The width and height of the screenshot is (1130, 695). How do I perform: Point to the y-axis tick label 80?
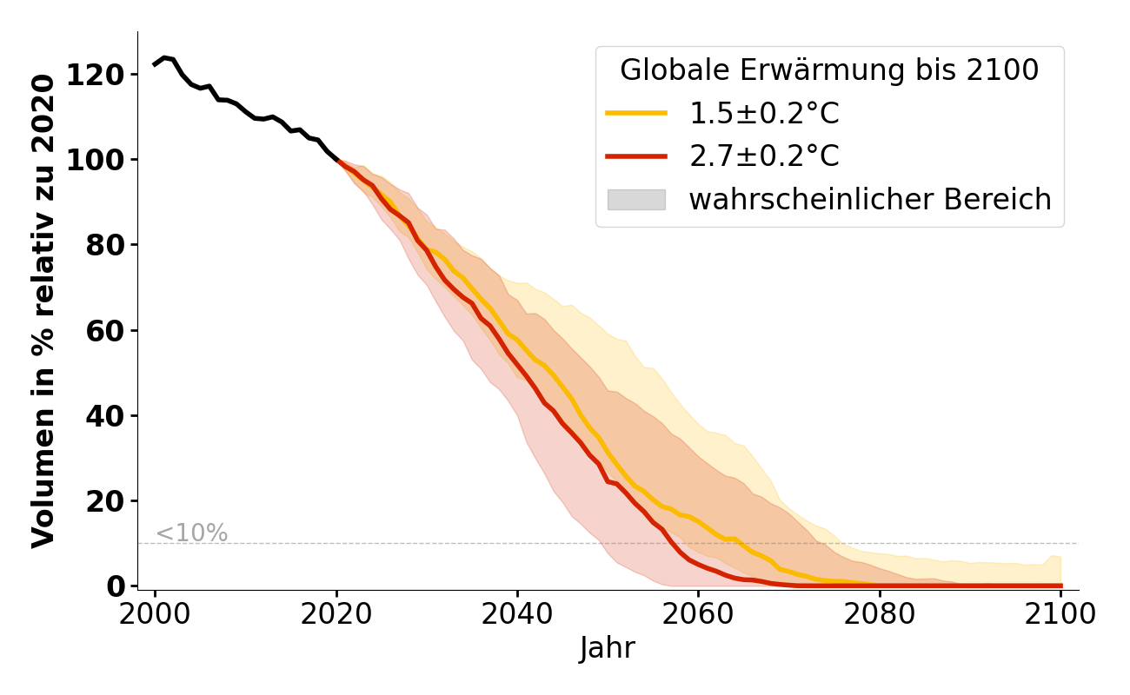[107, 245]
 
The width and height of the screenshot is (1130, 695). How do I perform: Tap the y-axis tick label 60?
[107, 331]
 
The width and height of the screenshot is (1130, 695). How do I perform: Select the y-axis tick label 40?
[107, 416]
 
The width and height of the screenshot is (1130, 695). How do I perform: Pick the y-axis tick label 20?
[107, 501]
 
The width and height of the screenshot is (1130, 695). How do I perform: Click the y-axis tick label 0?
[116, 586]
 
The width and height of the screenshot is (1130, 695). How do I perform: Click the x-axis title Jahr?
[608, 648]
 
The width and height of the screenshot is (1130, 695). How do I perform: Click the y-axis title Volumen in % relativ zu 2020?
[43, 310]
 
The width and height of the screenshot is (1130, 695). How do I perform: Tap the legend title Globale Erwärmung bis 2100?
[829, 70]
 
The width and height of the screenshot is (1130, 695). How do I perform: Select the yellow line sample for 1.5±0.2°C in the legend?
[636, 113]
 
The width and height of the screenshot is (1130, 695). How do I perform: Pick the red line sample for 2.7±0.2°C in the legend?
[636, 156]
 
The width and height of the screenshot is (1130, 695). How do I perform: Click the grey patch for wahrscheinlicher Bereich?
[636, 200]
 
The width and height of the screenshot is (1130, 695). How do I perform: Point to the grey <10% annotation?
[191, 533]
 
